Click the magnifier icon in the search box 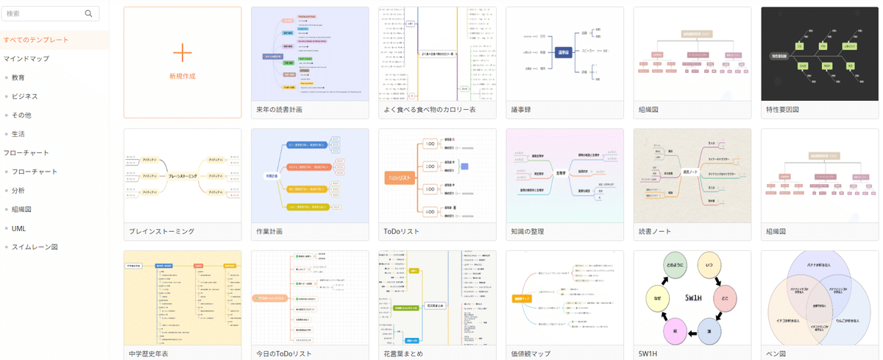[89, 13]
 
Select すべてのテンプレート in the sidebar [36, 40]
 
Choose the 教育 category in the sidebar [18, 77]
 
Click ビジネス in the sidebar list [24, 96]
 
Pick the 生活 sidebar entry [18, 134]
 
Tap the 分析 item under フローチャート [18, 191]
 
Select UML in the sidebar [18, 228]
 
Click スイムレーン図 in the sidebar [34, 247]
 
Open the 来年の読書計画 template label [279, 110]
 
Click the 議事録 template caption [521, 110]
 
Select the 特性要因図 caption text [782, 110]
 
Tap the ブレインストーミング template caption [161, 231]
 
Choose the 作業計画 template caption [269, 231]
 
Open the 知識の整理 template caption [528, 231]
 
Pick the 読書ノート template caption [655, 231]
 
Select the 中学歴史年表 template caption [149, 353]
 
